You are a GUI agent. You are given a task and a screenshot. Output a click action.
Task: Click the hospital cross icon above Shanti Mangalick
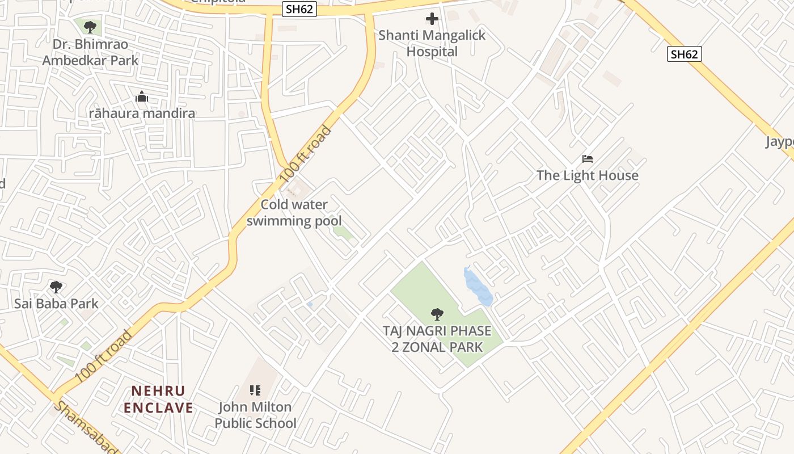[432, 19]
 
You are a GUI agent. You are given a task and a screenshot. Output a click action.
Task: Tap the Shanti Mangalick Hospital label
[432, 44]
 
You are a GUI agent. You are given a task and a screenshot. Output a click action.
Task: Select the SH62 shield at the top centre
[299, 10]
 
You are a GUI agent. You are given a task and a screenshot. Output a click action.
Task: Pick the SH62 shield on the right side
[684, 54]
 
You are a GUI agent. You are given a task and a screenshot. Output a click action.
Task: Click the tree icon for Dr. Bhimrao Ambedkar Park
[89, 27]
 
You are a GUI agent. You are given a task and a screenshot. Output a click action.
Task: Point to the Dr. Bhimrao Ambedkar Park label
[90, 52]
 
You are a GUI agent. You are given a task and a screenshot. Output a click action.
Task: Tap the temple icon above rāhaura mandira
[142, 97]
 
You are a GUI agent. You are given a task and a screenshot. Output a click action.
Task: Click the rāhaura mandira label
[142, 113]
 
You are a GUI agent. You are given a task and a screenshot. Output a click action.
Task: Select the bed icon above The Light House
[588, 159]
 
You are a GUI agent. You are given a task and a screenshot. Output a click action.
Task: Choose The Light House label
[588, 175]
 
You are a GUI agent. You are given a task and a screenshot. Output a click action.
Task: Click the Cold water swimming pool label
[294, 213]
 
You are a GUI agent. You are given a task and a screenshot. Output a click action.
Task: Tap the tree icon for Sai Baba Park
[56, 287]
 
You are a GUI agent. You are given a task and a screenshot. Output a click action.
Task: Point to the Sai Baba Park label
[56, 304]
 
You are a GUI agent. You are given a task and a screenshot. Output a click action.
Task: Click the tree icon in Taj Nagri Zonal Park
[437, 314]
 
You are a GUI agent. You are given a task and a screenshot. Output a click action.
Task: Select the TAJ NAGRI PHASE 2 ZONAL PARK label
[437, 339]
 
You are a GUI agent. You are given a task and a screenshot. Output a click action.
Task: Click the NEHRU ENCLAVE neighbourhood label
[159, 399]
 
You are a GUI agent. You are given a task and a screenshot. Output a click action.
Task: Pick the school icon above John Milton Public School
[255, 390]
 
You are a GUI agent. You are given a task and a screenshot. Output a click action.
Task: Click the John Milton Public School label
[255, 415]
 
